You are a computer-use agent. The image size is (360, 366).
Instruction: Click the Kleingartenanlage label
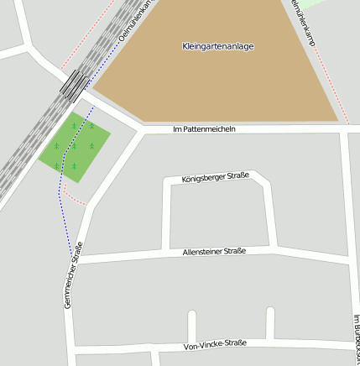pos(217,46)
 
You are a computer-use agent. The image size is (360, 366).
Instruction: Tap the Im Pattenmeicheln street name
pos(204,129)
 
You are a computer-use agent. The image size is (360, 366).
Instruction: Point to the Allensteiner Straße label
pos(214,252)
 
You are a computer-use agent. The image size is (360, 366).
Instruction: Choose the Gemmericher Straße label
pos(73,274)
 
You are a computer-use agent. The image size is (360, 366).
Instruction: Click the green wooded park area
pos(74,146)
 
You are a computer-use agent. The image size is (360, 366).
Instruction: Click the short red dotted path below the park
pos(75,199)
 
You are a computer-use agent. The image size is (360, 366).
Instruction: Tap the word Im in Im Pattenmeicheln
pos(177,129)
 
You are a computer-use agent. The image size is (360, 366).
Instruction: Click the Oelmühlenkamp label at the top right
pos(303,21)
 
